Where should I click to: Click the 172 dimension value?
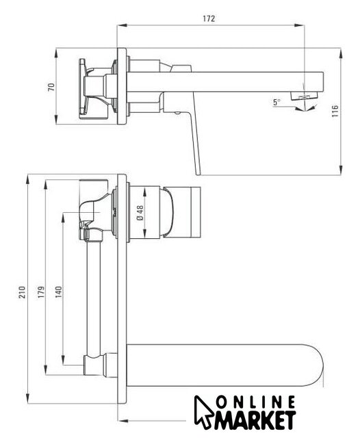tap(209, 18)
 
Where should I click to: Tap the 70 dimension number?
tap(51, 87)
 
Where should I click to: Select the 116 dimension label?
tap(335, 111)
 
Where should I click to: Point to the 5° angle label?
tap(277, 102)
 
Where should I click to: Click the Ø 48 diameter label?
tap(140, 213)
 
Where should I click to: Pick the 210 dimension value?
tap(22, 292)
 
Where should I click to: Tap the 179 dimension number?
tap(41, 292)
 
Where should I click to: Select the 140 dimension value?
tap(58, 292)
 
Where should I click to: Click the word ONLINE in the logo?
tap(255, 402)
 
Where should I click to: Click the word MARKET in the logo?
tap(255, 420)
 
